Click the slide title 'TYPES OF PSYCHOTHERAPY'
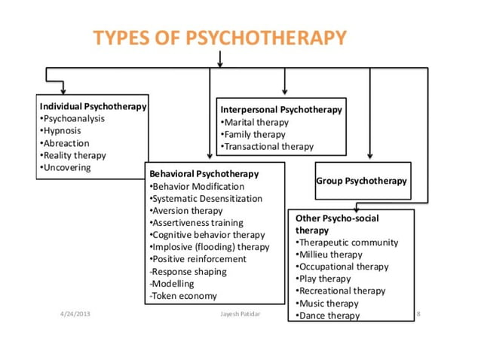click(x=220, y=38)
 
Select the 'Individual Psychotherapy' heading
click(x=93, y=107)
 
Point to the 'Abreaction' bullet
click(x=66, y=143)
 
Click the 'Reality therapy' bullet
click(x=74, y=155)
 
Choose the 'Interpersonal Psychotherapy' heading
click(x=281, y=110)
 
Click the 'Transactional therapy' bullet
click(x=268, y=146)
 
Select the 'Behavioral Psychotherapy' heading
click(x=204, y=174)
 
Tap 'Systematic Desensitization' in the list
click(x=207, y=199)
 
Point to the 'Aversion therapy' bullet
click(x=187, y=211)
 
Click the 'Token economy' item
click(x=184, y=296)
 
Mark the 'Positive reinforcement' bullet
click(x=200, y=259)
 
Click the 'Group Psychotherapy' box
click(x=362, y=181)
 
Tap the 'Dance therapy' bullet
click(x=329, y=316)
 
